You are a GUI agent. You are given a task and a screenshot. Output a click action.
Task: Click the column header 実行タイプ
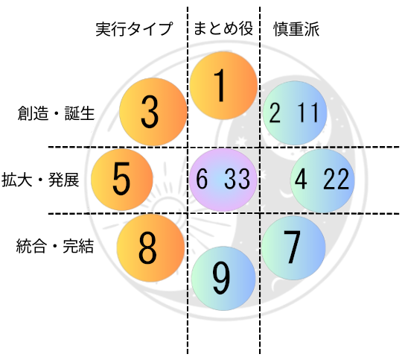[134, 28]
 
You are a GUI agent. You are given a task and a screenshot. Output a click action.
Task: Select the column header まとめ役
[223, 28]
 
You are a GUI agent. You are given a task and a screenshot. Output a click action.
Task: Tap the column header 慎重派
[296, 29]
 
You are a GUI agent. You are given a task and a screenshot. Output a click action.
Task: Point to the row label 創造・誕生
[56, 113]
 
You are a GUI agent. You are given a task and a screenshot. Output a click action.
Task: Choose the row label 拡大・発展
[40, 180]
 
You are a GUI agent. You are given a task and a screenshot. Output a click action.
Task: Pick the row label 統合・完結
[55, 246]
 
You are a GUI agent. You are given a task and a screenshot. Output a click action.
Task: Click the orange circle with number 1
[223, 86]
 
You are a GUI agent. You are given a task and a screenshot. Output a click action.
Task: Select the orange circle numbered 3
[153, 112]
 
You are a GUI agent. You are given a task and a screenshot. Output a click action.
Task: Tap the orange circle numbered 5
[122, 180]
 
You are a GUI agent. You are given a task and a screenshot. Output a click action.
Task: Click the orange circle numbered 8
[150, 247]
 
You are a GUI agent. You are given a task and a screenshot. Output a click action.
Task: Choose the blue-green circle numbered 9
[223, 278]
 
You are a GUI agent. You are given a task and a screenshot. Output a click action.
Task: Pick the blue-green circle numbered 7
[293, 247]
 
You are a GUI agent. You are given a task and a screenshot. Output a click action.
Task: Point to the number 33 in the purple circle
[237, 179]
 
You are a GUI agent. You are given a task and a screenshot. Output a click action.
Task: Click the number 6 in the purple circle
[202, 179]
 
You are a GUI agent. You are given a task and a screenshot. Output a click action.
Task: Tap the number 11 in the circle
[308, 113]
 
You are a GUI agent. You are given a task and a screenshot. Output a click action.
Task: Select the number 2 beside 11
[275, 113]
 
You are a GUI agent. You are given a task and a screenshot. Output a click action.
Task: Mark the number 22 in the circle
[336, 179]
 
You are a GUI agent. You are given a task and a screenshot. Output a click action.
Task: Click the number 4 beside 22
[301, 179]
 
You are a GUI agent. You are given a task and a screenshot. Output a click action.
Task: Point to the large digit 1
[220, 86]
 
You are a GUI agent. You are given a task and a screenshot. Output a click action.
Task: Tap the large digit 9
[221, 278]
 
